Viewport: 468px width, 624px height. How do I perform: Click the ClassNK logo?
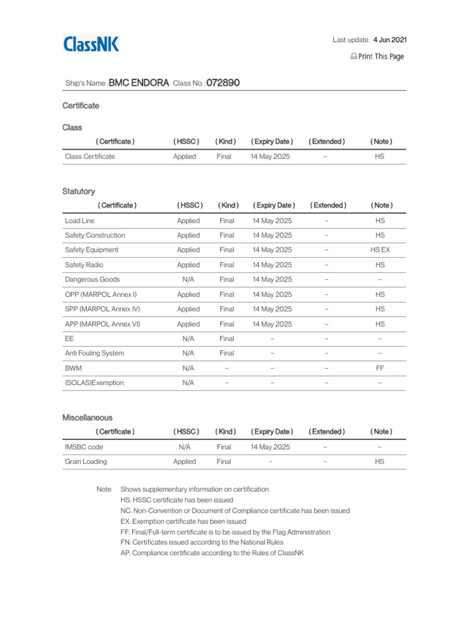tap(91, 44)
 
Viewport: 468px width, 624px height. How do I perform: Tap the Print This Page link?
tap(377, 57)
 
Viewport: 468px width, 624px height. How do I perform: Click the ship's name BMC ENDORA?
tap(138, 83)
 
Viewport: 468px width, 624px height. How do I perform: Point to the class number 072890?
tap(222, 83)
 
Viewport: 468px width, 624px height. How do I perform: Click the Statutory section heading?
tap(79, 191)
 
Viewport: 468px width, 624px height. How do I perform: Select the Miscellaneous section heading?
tap(87, 417)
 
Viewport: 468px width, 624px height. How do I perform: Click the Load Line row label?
tap(80, 221)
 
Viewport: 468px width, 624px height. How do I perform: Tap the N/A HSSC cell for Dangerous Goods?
tap(188, 280)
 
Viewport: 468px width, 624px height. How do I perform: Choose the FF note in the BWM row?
tap(380, 368)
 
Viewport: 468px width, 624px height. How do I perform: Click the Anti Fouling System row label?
tap(94, 353)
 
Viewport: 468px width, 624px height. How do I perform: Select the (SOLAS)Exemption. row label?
tap(95, 383)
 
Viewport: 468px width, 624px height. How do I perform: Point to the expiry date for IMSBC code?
tap(270, 447)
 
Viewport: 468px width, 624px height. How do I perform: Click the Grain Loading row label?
tap(86, 461)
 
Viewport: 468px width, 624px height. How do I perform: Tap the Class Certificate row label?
tap(90, 157)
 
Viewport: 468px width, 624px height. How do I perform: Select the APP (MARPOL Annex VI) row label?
tap(102, 324)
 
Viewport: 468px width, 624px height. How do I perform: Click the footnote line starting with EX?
tap(183, 522)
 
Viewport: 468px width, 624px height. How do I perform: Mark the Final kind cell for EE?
tap(227, 339)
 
